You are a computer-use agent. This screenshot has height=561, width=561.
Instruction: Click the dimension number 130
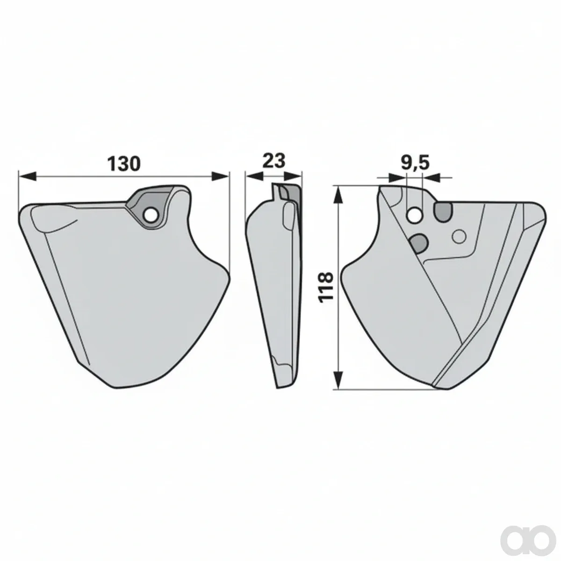[124, 164]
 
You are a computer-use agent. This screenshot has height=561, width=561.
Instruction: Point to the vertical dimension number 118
[326, 288]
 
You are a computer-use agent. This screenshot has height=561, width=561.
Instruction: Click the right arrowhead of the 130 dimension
[220, 176]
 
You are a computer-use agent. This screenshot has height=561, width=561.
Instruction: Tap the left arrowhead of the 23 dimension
[254, 176]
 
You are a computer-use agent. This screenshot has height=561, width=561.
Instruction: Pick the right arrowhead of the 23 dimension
[293, 176]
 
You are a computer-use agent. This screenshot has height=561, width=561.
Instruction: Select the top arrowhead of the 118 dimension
[338, 196]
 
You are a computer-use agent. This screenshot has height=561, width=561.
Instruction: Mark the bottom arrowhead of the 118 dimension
[338, 380]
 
